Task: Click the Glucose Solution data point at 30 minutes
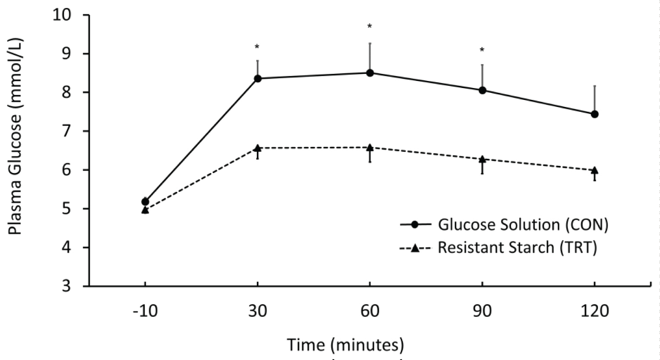pos(258,79)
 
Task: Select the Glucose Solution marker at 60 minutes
pos(370,73)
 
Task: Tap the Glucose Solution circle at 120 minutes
pos(595,114)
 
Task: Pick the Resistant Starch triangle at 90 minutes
pos(483,159)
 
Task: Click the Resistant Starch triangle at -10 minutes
pos(145,210)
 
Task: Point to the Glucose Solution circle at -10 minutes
pos(145,202)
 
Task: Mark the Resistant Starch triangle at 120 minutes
pos(595,170)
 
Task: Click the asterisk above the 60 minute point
pos(370,27)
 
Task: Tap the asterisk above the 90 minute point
pos(482,50)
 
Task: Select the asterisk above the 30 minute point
pos(257,47)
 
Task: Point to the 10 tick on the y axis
pos(62,15)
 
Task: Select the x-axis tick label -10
pos(145,311)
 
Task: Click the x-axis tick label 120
pos(595,311)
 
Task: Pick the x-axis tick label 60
pos(370,311)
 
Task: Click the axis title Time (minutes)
pos(345,345)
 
